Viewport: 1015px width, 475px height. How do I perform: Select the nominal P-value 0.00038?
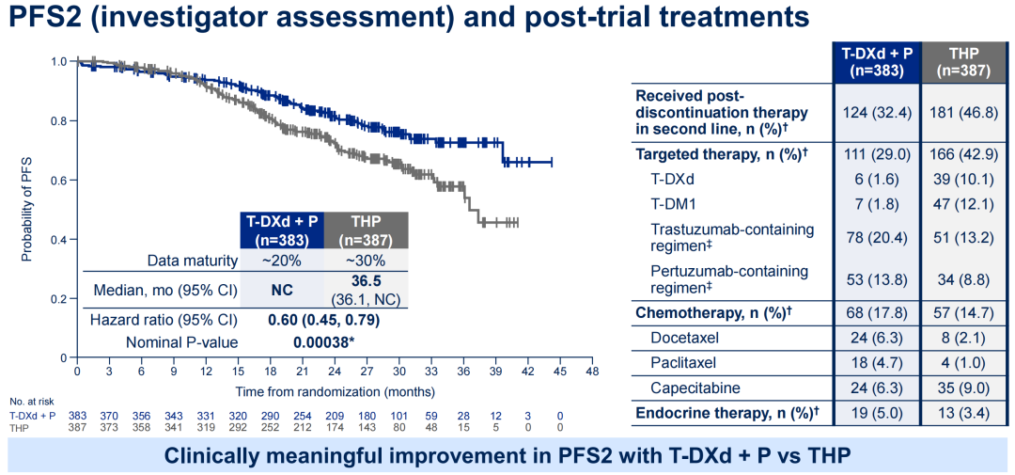tap(324, 342)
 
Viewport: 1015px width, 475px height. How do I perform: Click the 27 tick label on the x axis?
tap(367, 371)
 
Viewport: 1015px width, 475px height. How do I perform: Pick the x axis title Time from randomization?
tap(335, 390)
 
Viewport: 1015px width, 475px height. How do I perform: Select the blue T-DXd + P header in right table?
tap(874, 60)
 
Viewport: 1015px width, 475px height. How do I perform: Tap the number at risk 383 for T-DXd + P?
tap(78, 415)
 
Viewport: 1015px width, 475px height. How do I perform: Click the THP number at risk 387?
tap(78, 427)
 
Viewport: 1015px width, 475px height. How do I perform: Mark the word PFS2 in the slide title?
tap(44, 18)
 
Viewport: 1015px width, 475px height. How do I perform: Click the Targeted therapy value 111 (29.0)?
tap(874, 152)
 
